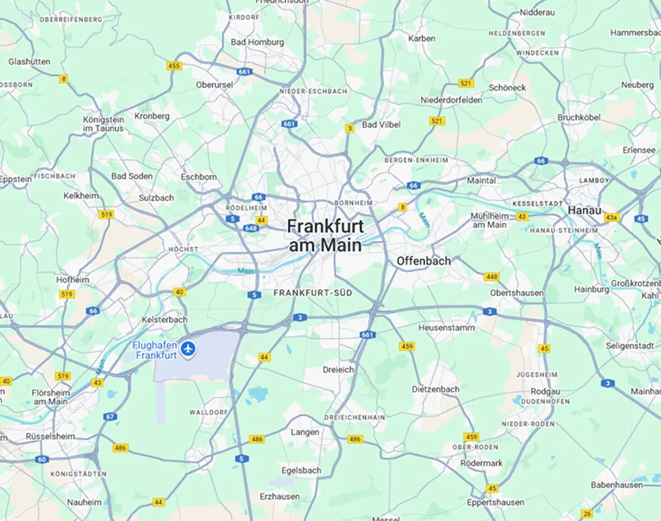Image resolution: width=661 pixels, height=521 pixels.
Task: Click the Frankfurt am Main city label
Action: (x=325, y=235)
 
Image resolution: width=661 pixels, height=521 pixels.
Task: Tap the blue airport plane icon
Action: (x=190, y=347)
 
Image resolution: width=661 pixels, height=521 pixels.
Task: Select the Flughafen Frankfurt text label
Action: (x=156, y=351)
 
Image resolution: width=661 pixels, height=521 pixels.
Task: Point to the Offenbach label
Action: (x=424, y=261)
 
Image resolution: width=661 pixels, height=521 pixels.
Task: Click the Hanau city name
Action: (x=585, y=210)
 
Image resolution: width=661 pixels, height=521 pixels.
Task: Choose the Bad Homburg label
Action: (x=257, y=42)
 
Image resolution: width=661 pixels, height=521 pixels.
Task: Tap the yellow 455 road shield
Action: (x=174, y=66)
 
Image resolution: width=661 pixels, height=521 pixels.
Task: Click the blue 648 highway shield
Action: (x=252, y=228)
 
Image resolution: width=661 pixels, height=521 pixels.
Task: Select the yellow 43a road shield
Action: (x=611, y=218)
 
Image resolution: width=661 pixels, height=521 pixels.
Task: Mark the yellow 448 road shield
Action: (x=491, y=277)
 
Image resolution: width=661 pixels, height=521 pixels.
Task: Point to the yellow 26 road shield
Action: (x=587, y=514)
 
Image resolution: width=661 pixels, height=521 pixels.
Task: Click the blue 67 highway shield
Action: (x=110, y=417)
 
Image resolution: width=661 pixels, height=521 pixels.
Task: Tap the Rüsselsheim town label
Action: (x=50, y=436)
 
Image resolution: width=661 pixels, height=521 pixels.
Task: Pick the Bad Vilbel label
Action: (x=381, y=125)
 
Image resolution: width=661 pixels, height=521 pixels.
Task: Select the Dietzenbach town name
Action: (x=436, y=389)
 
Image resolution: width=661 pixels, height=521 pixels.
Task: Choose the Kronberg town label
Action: (x=152, y=116)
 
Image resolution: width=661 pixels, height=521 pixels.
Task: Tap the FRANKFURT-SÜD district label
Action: (x=313, y=292)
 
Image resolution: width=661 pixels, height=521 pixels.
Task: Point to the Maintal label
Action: (x=482, y=180)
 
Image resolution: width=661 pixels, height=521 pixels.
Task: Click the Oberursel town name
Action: (x=214, y=85)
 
